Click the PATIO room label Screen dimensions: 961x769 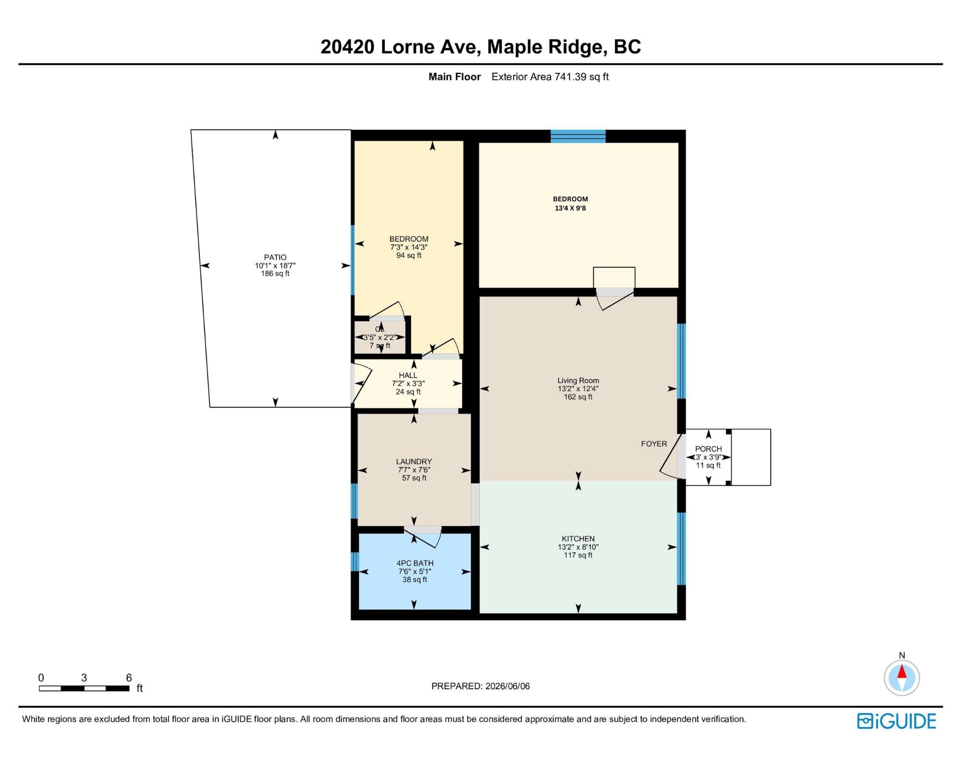click(275, 257)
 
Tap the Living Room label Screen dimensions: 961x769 click(578, 380)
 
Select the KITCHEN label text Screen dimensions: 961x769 click(578, 539)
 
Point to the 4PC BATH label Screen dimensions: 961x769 click(415, 563)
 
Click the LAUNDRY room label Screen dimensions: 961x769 click(414, 461)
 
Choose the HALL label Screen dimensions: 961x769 click(408, 375)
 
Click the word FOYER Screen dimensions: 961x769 click(654, 444)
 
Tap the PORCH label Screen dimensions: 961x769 click(708, 449)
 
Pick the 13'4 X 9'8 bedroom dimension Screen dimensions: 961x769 click(570, 208)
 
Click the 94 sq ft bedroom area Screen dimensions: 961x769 click(408, 255)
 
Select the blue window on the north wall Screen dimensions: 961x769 click(578, 136)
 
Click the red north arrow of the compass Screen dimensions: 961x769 click(902, 671)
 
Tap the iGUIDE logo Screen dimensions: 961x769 click(897, 721)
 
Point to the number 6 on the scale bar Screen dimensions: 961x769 click(129, 678)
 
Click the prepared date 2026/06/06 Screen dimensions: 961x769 click(507, 686)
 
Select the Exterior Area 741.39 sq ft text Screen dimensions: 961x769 click(550, 77)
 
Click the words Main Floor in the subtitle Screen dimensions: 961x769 click(455, 77)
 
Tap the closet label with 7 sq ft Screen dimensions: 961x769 click(380, 337)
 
